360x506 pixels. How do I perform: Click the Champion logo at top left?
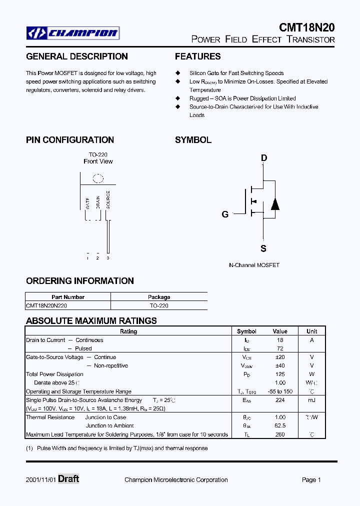pyautogui.click(x=72, y=33)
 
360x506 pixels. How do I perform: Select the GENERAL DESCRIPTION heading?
pyautogui.click(x=77, y=56)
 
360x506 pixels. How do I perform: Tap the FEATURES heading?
pyautogui.click(x=197, y=56)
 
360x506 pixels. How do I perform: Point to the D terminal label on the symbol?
pyautogui.click(x=263, y=158)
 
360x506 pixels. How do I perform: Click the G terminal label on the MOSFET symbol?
pyautogui.click(x=225, y=214)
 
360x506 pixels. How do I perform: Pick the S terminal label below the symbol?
pyautogui.click(x=263, y=248)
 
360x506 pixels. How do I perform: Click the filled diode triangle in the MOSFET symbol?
pyautogui.click(x=274, y=204)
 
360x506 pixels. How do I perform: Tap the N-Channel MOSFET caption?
pyautogui.click(x=254, y=265)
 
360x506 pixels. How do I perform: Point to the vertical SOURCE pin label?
pyautogui.click(x=108, y=199)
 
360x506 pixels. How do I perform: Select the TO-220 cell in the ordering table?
pyautogui.click(x=159, y=305)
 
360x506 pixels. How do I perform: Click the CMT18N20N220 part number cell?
pyautogui.click(x=46, y=305)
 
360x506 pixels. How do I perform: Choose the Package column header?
pyautogui.click(x=159, y=297)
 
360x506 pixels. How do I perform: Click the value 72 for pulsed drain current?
pyautogui.click(x=280, y=348)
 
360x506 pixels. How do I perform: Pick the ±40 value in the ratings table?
pyautogui.click(x=280, y=365)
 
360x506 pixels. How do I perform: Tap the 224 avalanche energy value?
pyautogui.click(x=280, y=400)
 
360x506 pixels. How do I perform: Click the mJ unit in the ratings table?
pyautogui.click(x=311, y=400)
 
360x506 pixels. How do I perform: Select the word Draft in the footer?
pyautogui.click(x=68, y=479)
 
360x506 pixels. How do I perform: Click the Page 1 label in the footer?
pyautogui.click(x=311, y=480)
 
